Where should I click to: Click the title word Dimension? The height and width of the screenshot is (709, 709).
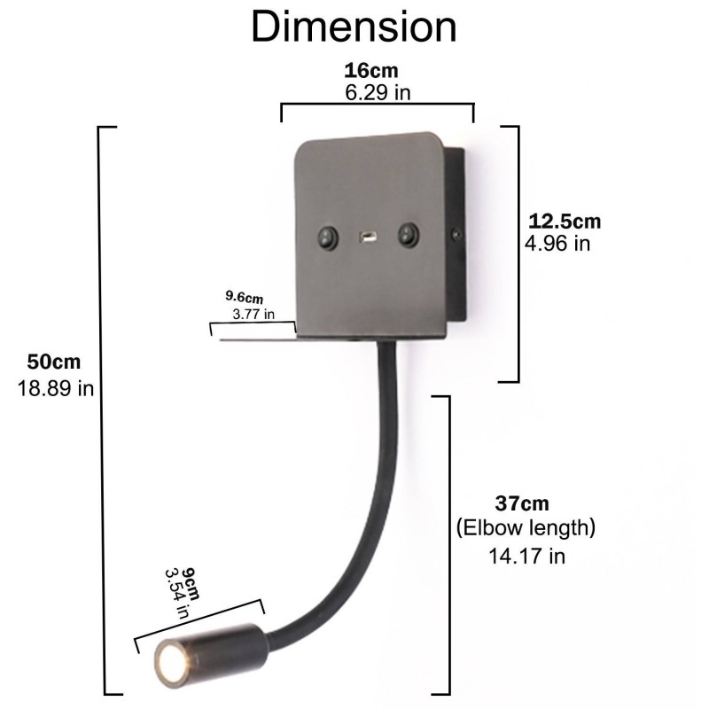tap(354, 26)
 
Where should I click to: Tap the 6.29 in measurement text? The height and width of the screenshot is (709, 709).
tap(376, 91)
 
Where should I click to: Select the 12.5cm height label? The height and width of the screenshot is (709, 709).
tap(565, 222)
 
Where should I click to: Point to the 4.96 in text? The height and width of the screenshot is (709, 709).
tap(557, 243)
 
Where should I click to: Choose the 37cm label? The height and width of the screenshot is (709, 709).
tap(522, 504)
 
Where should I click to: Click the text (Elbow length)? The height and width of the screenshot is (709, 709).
tap(526, 529)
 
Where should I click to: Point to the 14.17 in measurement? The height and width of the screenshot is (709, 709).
tap(526, 556)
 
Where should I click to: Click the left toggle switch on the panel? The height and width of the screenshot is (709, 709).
tap(327, 236)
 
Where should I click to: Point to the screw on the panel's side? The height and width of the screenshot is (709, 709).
tap(456, 234)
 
